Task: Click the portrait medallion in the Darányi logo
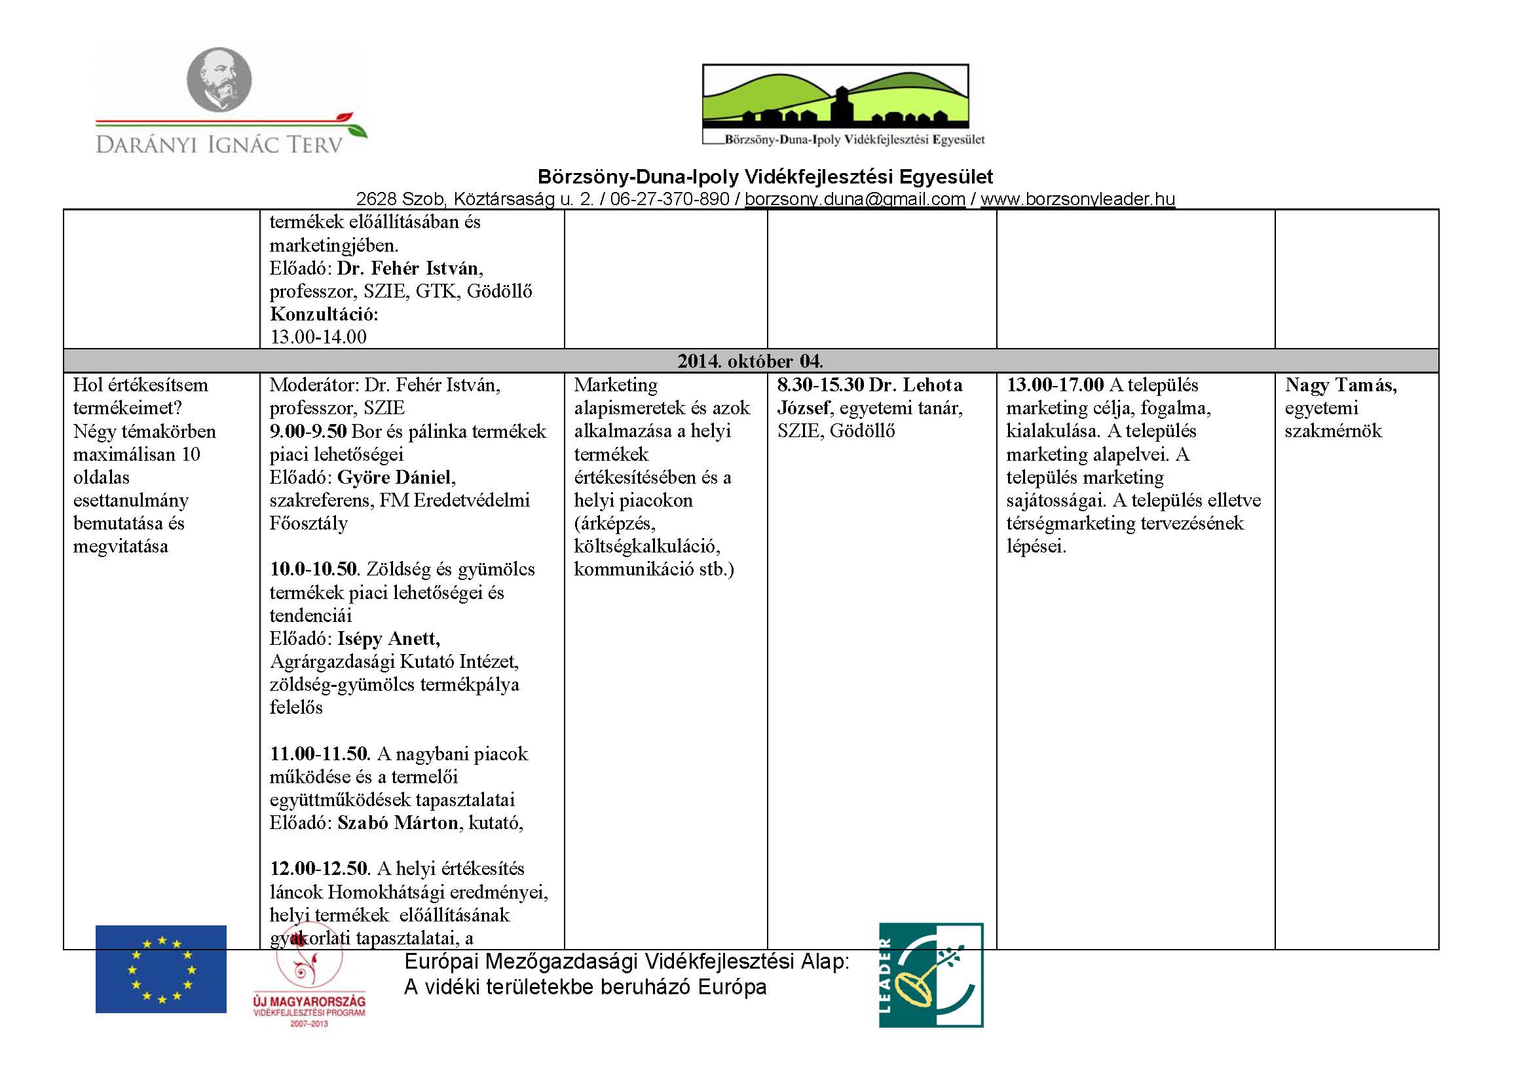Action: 219,79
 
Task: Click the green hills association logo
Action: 835,97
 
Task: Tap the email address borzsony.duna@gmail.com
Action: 855,199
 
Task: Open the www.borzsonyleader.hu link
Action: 1077,199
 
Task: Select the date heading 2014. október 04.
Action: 750,361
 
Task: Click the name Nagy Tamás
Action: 1341,385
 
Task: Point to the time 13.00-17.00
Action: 1055,385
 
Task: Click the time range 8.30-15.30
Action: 821,385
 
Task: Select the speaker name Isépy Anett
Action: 388,639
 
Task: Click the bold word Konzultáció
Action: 324,314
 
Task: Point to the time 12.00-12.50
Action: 318,868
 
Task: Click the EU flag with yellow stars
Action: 161,969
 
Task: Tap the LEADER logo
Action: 931,975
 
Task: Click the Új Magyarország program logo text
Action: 310,1002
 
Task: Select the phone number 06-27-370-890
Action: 669,199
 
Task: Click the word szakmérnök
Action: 1333,431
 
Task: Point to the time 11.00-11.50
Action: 318,754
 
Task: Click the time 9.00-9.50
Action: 308,431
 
